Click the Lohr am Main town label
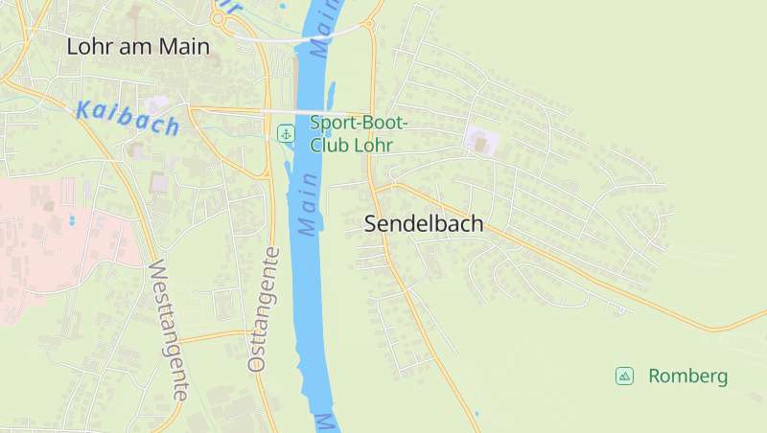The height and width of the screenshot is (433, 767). click(x=137, y=46)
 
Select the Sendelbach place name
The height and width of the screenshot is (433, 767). click(x=424, y=224)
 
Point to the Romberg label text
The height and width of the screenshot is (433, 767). click(x=687, y=376)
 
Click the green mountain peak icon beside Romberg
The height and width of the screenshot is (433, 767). click(x=624, y=376)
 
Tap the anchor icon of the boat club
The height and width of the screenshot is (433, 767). click(x=286, y=133)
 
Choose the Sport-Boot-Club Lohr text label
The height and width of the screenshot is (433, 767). click(x=359, y=133)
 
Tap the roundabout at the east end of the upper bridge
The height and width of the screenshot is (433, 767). click(x=367, y=26)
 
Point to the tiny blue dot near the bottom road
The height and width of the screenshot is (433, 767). click(x=476, y=414)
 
